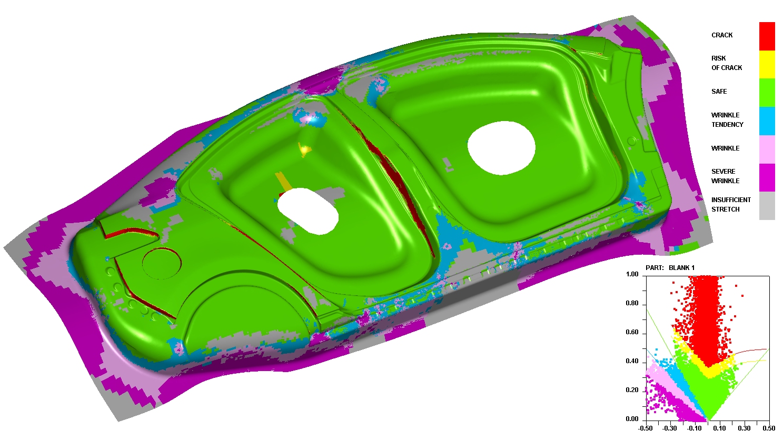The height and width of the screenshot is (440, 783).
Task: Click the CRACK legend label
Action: tap(722, 35)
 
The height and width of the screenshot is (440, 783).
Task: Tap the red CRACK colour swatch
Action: tap(767, 36)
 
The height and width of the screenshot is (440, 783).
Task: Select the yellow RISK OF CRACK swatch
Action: tap(767, 65)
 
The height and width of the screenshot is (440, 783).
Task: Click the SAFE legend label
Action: tap(719, 92)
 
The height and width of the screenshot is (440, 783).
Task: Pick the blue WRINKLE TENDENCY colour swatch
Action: tap(767, 121)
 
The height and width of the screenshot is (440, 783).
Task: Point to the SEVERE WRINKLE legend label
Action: tap(725, 176)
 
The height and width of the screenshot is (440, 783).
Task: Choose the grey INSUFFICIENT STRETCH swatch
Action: tap(767, 206)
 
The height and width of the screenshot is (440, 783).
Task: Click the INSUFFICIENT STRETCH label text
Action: tap(731, 204)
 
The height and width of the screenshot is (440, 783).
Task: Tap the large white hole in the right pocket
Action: tap(501, 148)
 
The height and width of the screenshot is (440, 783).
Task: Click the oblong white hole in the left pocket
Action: tap(308, 211)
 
